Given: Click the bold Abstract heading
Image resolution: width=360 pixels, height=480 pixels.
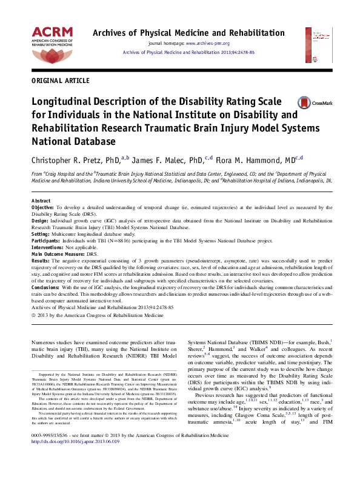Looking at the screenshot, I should click(41, 201).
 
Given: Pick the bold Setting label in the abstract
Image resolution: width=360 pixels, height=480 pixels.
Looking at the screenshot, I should click(40, 233).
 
